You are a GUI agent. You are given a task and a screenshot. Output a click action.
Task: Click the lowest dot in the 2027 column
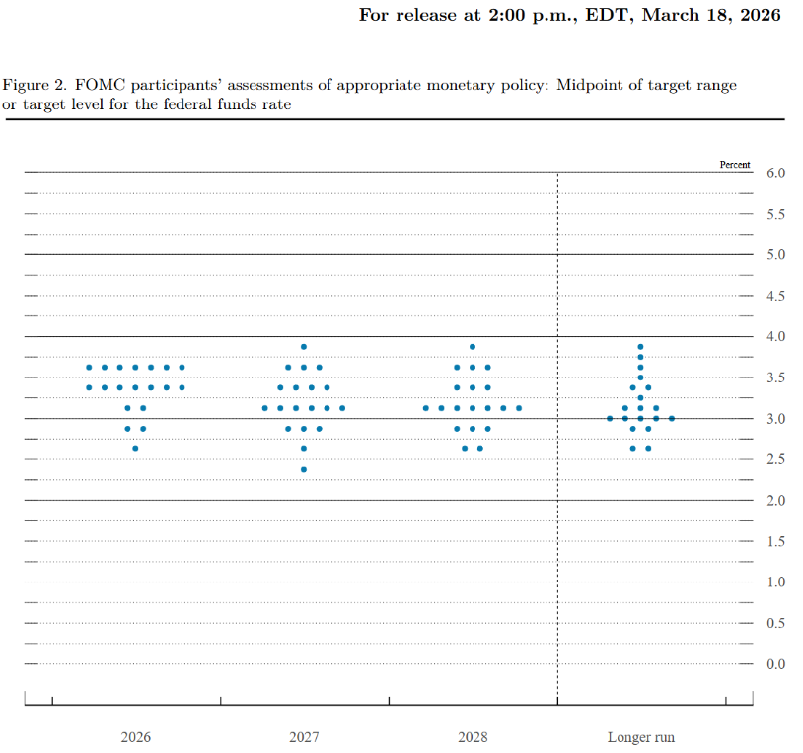tap(304, 469)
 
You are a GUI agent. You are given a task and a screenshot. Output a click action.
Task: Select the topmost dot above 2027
tap(304, 347)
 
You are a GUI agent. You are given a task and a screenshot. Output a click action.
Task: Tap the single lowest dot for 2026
tap(135, 448)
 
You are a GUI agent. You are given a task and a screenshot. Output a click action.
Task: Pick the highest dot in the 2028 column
tap(473, 347)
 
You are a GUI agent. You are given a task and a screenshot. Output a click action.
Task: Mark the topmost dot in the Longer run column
tap(640, 347)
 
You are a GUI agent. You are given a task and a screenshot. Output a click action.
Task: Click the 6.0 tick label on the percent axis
tap(776, 173)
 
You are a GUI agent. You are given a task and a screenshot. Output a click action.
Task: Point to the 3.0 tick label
tap(776, 419)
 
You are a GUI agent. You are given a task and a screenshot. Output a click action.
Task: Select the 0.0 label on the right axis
tap(776, 664)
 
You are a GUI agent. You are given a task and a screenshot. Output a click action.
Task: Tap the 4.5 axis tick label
tap(776, 296)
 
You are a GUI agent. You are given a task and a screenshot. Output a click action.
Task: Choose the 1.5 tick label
tap(776, 541)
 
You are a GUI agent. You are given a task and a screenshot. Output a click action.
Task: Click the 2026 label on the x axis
tap(136, 737)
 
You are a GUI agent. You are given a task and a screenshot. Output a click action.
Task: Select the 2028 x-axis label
tap(473, 737)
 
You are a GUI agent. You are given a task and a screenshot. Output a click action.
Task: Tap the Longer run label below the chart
tap(641, 737)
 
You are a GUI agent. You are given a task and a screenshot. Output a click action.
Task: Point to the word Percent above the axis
tap(735, 165)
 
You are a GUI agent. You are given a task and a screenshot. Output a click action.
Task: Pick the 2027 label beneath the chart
tap(304, 737)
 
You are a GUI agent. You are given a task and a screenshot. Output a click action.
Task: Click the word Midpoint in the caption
tap(587, 86)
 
